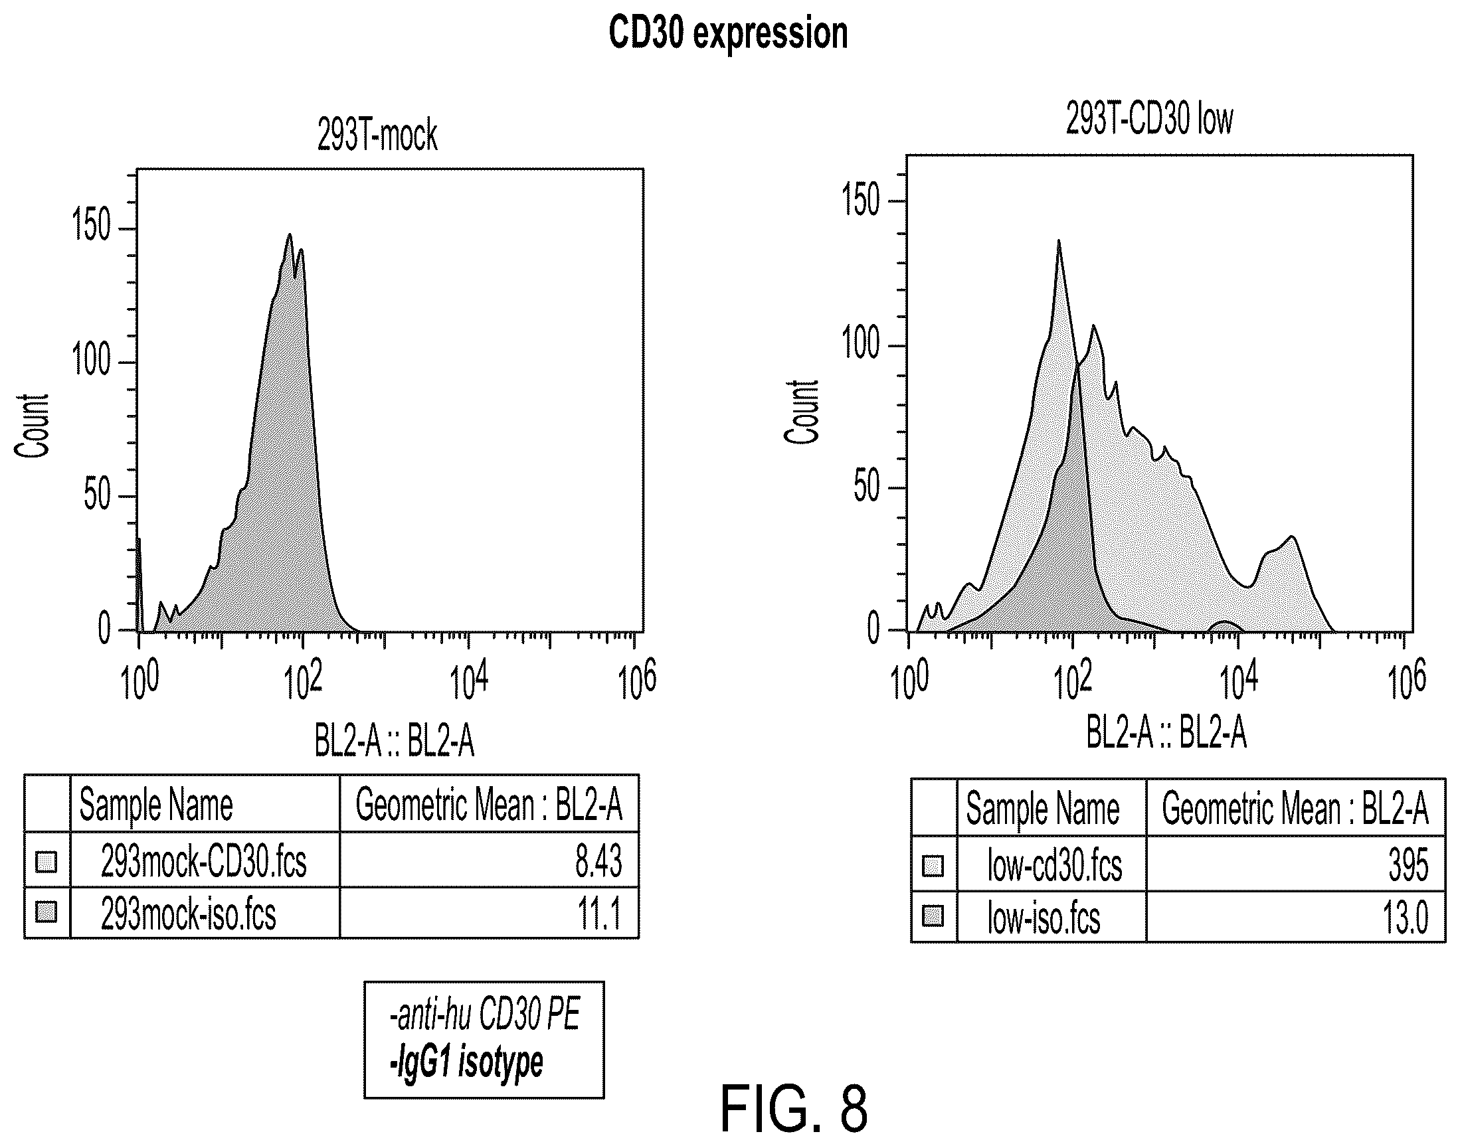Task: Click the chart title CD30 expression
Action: [728, 33]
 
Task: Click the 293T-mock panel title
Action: [377, 135]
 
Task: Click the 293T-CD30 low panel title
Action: [1149, 120]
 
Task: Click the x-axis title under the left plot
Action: [395, 742]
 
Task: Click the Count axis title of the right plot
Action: [802, 411]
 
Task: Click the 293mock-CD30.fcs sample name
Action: [203, 861]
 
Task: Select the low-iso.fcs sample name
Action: [1044, 918]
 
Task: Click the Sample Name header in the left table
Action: [155, 805]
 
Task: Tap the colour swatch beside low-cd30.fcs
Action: [933, 866]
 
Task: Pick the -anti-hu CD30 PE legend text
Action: [484, 1015]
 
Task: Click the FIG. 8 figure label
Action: [794, 1109]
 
